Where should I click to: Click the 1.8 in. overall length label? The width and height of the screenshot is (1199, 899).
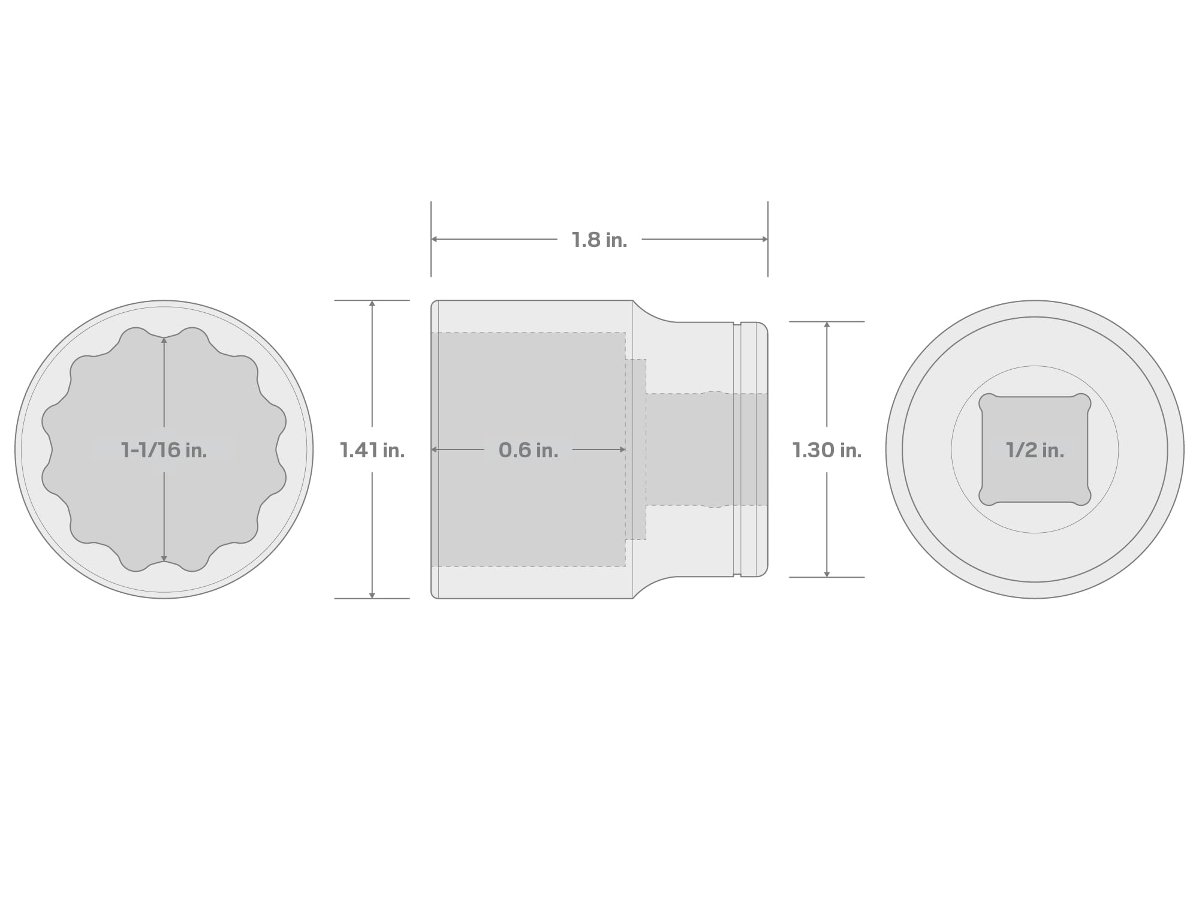coord(599,240)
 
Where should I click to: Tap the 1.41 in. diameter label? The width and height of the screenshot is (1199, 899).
coord(372,450)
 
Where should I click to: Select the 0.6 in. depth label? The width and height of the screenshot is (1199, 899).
coord(528,450)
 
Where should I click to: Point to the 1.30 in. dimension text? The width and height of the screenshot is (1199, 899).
coord(827,450)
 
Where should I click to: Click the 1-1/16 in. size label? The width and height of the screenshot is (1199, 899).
coord(164,450)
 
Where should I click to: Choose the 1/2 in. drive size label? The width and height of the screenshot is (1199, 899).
coord(1035,450)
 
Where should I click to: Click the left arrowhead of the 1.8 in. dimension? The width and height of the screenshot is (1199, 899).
coord(434,239)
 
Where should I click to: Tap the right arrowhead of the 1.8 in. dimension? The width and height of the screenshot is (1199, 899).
coord(765,239)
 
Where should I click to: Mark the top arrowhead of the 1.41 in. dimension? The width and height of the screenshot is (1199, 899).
coord(372,303)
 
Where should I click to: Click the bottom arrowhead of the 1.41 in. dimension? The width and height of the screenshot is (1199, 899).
coord(372,595)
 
